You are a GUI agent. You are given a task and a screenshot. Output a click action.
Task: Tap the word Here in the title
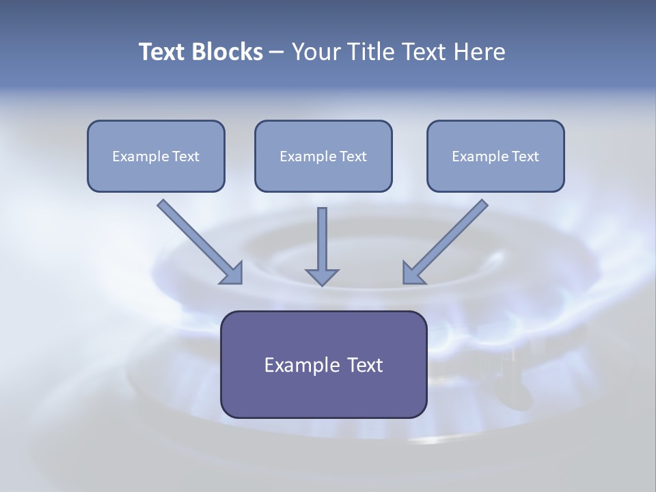tap(480, 52)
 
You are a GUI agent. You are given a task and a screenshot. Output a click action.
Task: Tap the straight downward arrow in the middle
tap(322, 239)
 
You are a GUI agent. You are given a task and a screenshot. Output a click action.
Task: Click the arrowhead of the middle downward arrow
tap(322, 277)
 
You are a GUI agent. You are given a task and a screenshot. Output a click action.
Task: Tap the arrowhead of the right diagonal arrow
tap(413, 273)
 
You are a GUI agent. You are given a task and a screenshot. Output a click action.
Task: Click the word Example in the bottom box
tap(295, 365)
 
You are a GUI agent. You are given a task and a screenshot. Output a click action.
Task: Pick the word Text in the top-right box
tap(525, 156)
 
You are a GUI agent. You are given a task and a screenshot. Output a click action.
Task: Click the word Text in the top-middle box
tap(353, 156)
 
